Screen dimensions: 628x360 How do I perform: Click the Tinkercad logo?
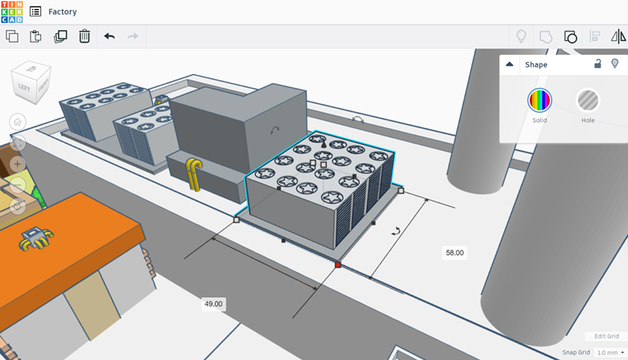pos(12,11)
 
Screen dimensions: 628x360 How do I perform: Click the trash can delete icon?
pos(84,36)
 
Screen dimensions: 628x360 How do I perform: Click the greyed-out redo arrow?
pos(133,36)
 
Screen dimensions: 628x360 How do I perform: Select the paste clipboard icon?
pos(35,36)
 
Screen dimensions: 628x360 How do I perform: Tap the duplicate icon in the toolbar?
pos(60,36)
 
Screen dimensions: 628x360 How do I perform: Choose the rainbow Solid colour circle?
pos(539,100)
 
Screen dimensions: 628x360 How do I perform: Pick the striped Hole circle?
pos(588,100)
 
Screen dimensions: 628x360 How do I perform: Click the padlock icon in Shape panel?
pos(597,64)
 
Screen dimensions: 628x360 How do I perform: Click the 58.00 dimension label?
pos(455,253)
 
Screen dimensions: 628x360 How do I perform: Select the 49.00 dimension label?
pos(213,304)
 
